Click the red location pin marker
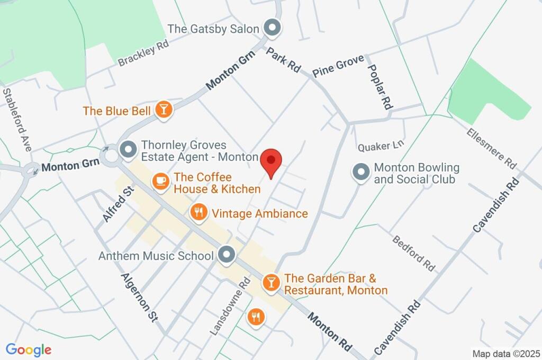pyautogui.click(x=272, y=160)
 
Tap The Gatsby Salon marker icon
pyautogui.click(x=273, y=28)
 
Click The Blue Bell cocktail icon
pyautogui.click(x=164, y=111)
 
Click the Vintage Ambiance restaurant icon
pyautogui.click(x=198, y=213)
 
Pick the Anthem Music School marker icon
pyautogui.click(x=228, y=255)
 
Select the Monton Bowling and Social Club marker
pyautogui.click(x=361, y=173)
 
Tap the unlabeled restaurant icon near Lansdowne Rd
pyautogui.click(x=256, y=317)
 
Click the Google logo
pyautogui.click(x=29, y=350)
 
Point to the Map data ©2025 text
pyautogui.click(x=505, y=353)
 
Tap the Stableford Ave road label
pyautogui.click(x=17, y=120)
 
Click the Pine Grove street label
pyautogui.click(x=338, y=66)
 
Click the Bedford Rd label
pyautogui.click(x=413, y=254)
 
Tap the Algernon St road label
pyautogui.click(x=139, y=297)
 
